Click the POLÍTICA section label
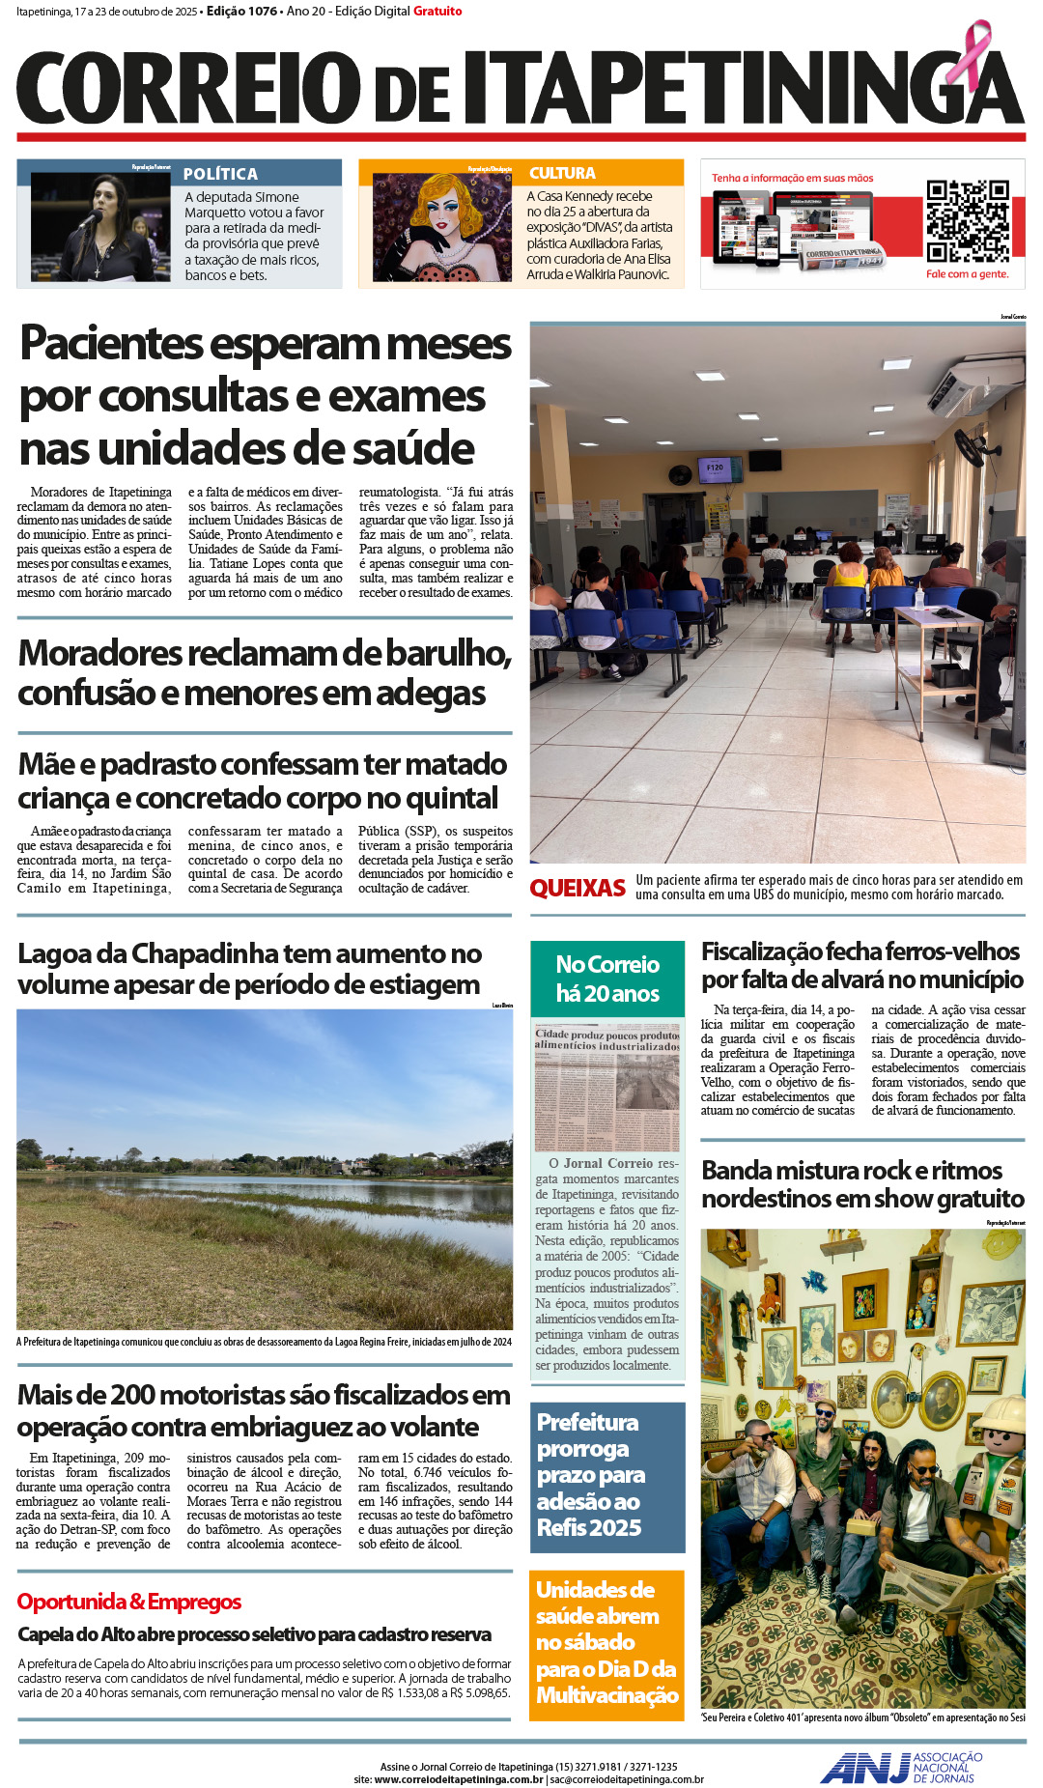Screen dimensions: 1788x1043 point(220,174)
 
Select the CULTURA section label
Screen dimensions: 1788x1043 point(562,173)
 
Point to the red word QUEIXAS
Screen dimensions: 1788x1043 point(578,888)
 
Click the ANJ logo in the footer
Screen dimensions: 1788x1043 point(864,1768)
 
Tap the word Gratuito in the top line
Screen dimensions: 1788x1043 point(437,12)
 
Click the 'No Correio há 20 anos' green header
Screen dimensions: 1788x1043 point(607,979)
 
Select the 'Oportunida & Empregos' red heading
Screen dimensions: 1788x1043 point(129,1602)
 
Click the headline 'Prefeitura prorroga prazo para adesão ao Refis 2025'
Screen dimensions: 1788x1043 point(589,1474)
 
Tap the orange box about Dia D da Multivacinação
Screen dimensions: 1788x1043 point(606,1642)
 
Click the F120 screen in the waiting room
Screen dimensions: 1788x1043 point(715,469)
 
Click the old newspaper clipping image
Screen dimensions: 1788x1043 point(607,1088)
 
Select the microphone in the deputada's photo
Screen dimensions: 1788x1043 point(90,219)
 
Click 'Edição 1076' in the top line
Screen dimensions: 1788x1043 point(241,12)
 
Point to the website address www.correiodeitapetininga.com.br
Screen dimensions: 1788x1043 point(458,1779)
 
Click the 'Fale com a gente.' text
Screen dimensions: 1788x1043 point(967,274)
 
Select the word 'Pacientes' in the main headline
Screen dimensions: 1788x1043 point(113,343)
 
